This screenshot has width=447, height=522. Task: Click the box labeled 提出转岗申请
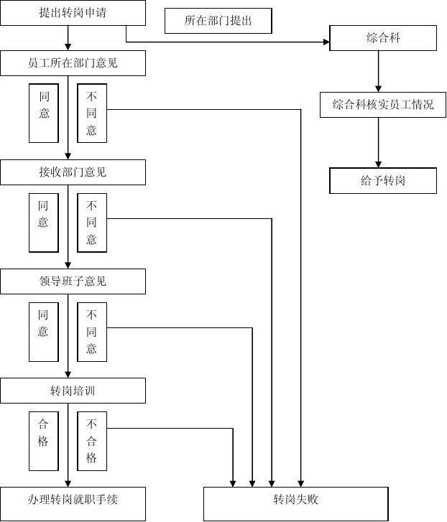pyautogui.click(x=73, y=12)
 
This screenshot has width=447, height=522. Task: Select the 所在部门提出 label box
pyautogui.click(x=218, y=21)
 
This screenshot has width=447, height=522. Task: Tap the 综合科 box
pyautogui.click(x=382, y=38)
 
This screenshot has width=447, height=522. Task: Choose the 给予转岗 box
pyautogui.click(x=382, y=180)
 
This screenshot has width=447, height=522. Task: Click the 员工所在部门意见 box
pyautogui.click(x=73, y=63)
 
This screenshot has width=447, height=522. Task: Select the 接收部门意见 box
pyautogui.click(x=73, y=172)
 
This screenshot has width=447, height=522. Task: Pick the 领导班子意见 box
pyautogui.click(x=73, y=281)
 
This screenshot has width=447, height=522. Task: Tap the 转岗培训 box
pyautogui.click(x=73, y=391)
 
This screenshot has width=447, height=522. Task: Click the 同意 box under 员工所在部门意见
pyautogui.click(x=44, y=113)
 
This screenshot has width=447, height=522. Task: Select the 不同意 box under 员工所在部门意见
pyautogui.click(x=92, y=113)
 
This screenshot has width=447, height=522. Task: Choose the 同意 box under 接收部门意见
pyautogui.click(x=44, y=223)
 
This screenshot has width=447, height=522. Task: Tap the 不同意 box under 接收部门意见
pyautogui.click(x=92, y=223)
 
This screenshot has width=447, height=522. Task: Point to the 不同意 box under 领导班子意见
pyautogui.click(x=92, y=332)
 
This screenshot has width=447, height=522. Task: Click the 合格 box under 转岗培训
pyautogui.click(x=44, y=441)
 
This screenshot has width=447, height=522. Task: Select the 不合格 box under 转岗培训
pyautogui.click(x=92, y=441)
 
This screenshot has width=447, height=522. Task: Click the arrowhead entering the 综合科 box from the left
pyautogui.click(x=326, y=42)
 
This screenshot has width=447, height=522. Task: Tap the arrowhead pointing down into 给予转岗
pyautogui.click(x=378, y=164)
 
